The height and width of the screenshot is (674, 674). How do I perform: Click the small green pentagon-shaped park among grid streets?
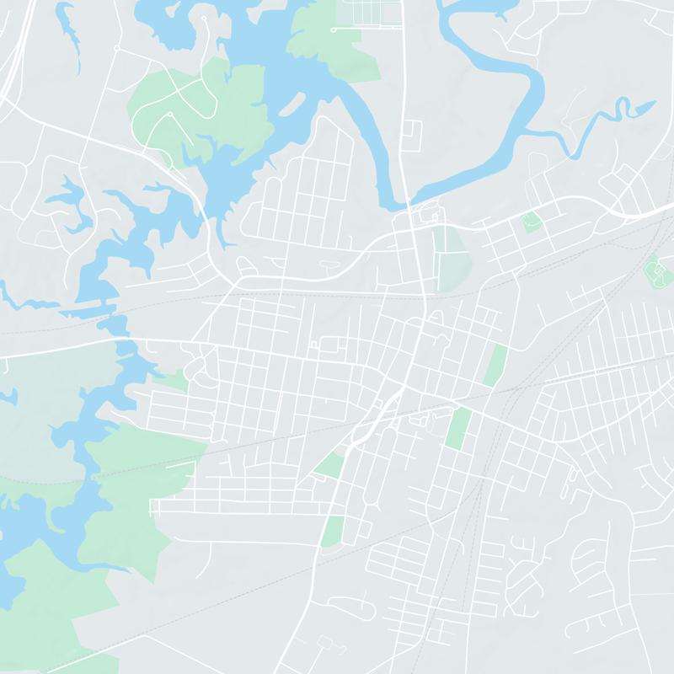coord(530,222)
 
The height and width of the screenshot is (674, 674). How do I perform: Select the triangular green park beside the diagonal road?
coord(330,463)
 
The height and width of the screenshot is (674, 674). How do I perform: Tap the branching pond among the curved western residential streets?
coord(72,202)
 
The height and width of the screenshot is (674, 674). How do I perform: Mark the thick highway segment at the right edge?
coord(649,215)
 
